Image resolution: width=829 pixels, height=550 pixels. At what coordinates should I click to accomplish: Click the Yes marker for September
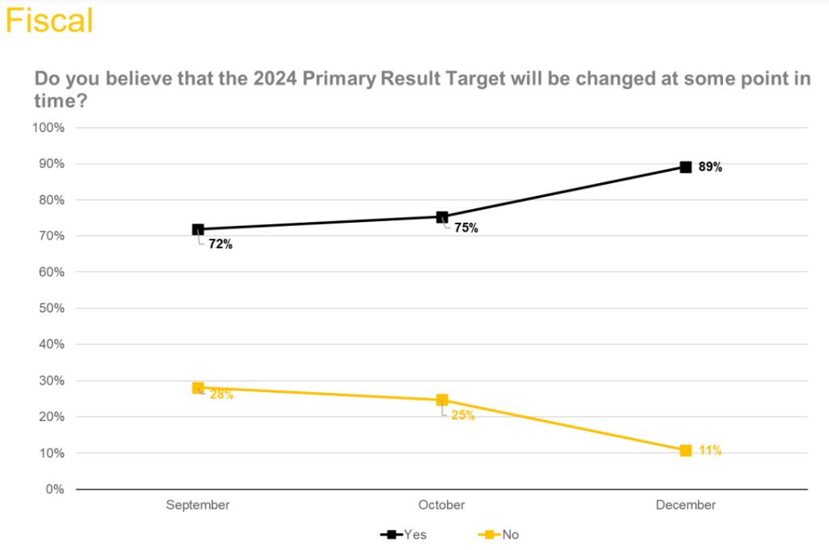pyautogui.click(x=198, y=229)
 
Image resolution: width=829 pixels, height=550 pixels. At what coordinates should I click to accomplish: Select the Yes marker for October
pyautogui.click(x=442, y=217)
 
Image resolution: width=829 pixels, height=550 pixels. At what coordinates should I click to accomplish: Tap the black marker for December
pyautogui.click(x=686, y=167)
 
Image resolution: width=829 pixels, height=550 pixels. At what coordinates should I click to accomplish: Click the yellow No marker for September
pyautogui.click(x=198, y=388)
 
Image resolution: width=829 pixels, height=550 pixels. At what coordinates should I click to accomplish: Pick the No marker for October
pyautogui.click(x=442, y=400)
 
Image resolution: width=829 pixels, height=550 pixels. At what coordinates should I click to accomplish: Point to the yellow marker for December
pyautogui.click(x=686, y=450)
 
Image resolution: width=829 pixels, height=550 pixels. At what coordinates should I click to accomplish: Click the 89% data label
pyautogui.click(x=710, y=168)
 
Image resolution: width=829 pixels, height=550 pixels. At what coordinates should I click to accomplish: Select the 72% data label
pyautogui.click(x=221, y=244)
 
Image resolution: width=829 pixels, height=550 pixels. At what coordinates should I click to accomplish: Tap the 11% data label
pyautogui.click(x=710, y=450)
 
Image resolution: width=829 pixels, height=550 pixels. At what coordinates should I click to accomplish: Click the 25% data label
pyautogui.click(x=463, y=416)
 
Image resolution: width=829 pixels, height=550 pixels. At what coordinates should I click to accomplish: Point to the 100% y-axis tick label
pyautogui.click(x=49, y=128)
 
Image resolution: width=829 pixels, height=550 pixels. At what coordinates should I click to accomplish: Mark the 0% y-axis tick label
pyautogui.click(x=55, y=489)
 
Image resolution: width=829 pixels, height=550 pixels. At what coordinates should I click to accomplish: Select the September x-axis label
pyautogui.click(x=198, y=505)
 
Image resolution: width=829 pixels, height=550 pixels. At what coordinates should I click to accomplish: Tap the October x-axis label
pyautogui.click(x=442, y=505)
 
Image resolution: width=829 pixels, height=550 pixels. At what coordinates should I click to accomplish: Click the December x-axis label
pyautogui.click(x=686, y=505)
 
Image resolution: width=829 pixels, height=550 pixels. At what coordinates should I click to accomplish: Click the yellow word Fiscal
pyautogui.click(x=49, y=20)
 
